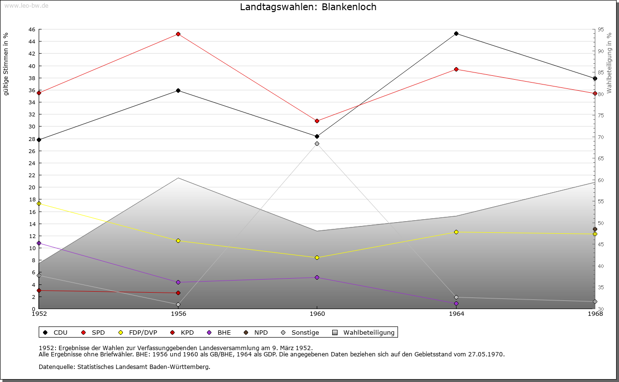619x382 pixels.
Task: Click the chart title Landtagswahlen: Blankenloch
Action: point(308,7)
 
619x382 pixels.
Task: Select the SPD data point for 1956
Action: point(178,34)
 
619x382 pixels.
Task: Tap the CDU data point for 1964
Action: point(456,34)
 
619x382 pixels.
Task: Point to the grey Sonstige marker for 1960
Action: point(317,144)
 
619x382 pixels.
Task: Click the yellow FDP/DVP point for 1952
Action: point(39,203)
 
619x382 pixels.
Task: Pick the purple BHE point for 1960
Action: point(317,278)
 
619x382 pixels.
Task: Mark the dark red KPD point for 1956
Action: point(178,293)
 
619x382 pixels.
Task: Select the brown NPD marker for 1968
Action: point(595,229)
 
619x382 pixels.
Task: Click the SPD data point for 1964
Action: point(456,70)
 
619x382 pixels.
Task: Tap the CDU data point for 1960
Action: point(317,137)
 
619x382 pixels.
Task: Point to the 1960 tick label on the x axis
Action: point(317,314)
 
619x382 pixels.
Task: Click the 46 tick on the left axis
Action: point(31,29)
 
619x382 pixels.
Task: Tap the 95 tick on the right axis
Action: point(600,29)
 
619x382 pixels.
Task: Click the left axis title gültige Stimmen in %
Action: point(6,64)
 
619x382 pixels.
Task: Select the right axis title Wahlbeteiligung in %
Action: point(609,63)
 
